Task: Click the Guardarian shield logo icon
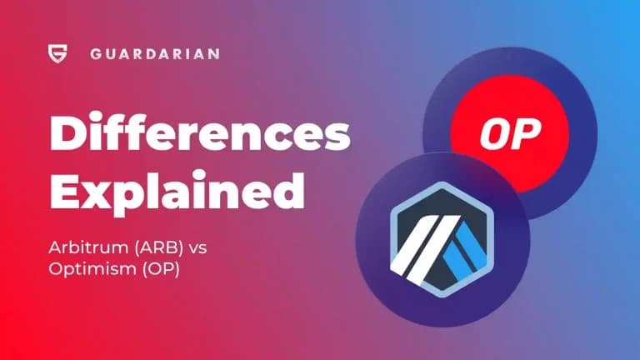tap(57, 54)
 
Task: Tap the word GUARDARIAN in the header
tap(154, 54)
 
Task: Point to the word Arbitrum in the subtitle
tap(81, 247)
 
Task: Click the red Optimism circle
tap(510, 132)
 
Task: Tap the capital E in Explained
tap(66, 192)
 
